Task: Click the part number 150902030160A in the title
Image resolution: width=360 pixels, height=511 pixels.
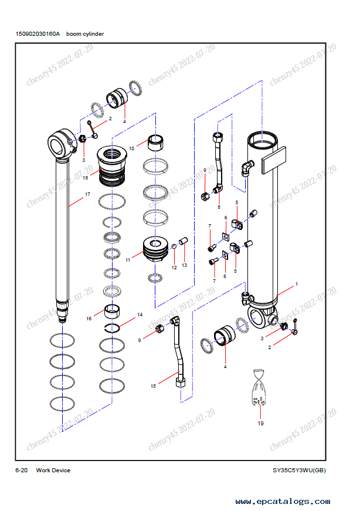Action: [38, 34]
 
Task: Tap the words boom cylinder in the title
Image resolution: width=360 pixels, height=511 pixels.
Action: [85, 34]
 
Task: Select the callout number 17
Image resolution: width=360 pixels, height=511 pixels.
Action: [87, 194]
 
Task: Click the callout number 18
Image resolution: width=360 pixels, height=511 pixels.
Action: [86, 177]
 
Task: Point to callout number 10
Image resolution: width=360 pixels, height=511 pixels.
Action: [131, 148]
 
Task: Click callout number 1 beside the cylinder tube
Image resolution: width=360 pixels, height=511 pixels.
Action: [297, 283]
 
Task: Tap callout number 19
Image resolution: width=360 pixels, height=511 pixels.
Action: [260, 422]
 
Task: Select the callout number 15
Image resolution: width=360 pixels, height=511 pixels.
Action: [153, 386]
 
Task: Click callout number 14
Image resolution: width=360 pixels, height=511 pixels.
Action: [140, 314]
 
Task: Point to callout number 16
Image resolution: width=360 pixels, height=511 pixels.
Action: [90, 319]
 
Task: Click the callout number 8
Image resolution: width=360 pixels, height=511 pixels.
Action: [219, 207]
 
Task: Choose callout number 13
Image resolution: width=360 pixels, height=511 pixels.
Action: [184, 265]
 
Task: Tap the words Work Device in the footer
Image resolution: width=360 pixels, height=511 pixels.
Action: [53, 470]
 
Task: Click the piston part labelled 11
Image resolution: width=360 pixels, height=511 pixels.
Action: [157, 249]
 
